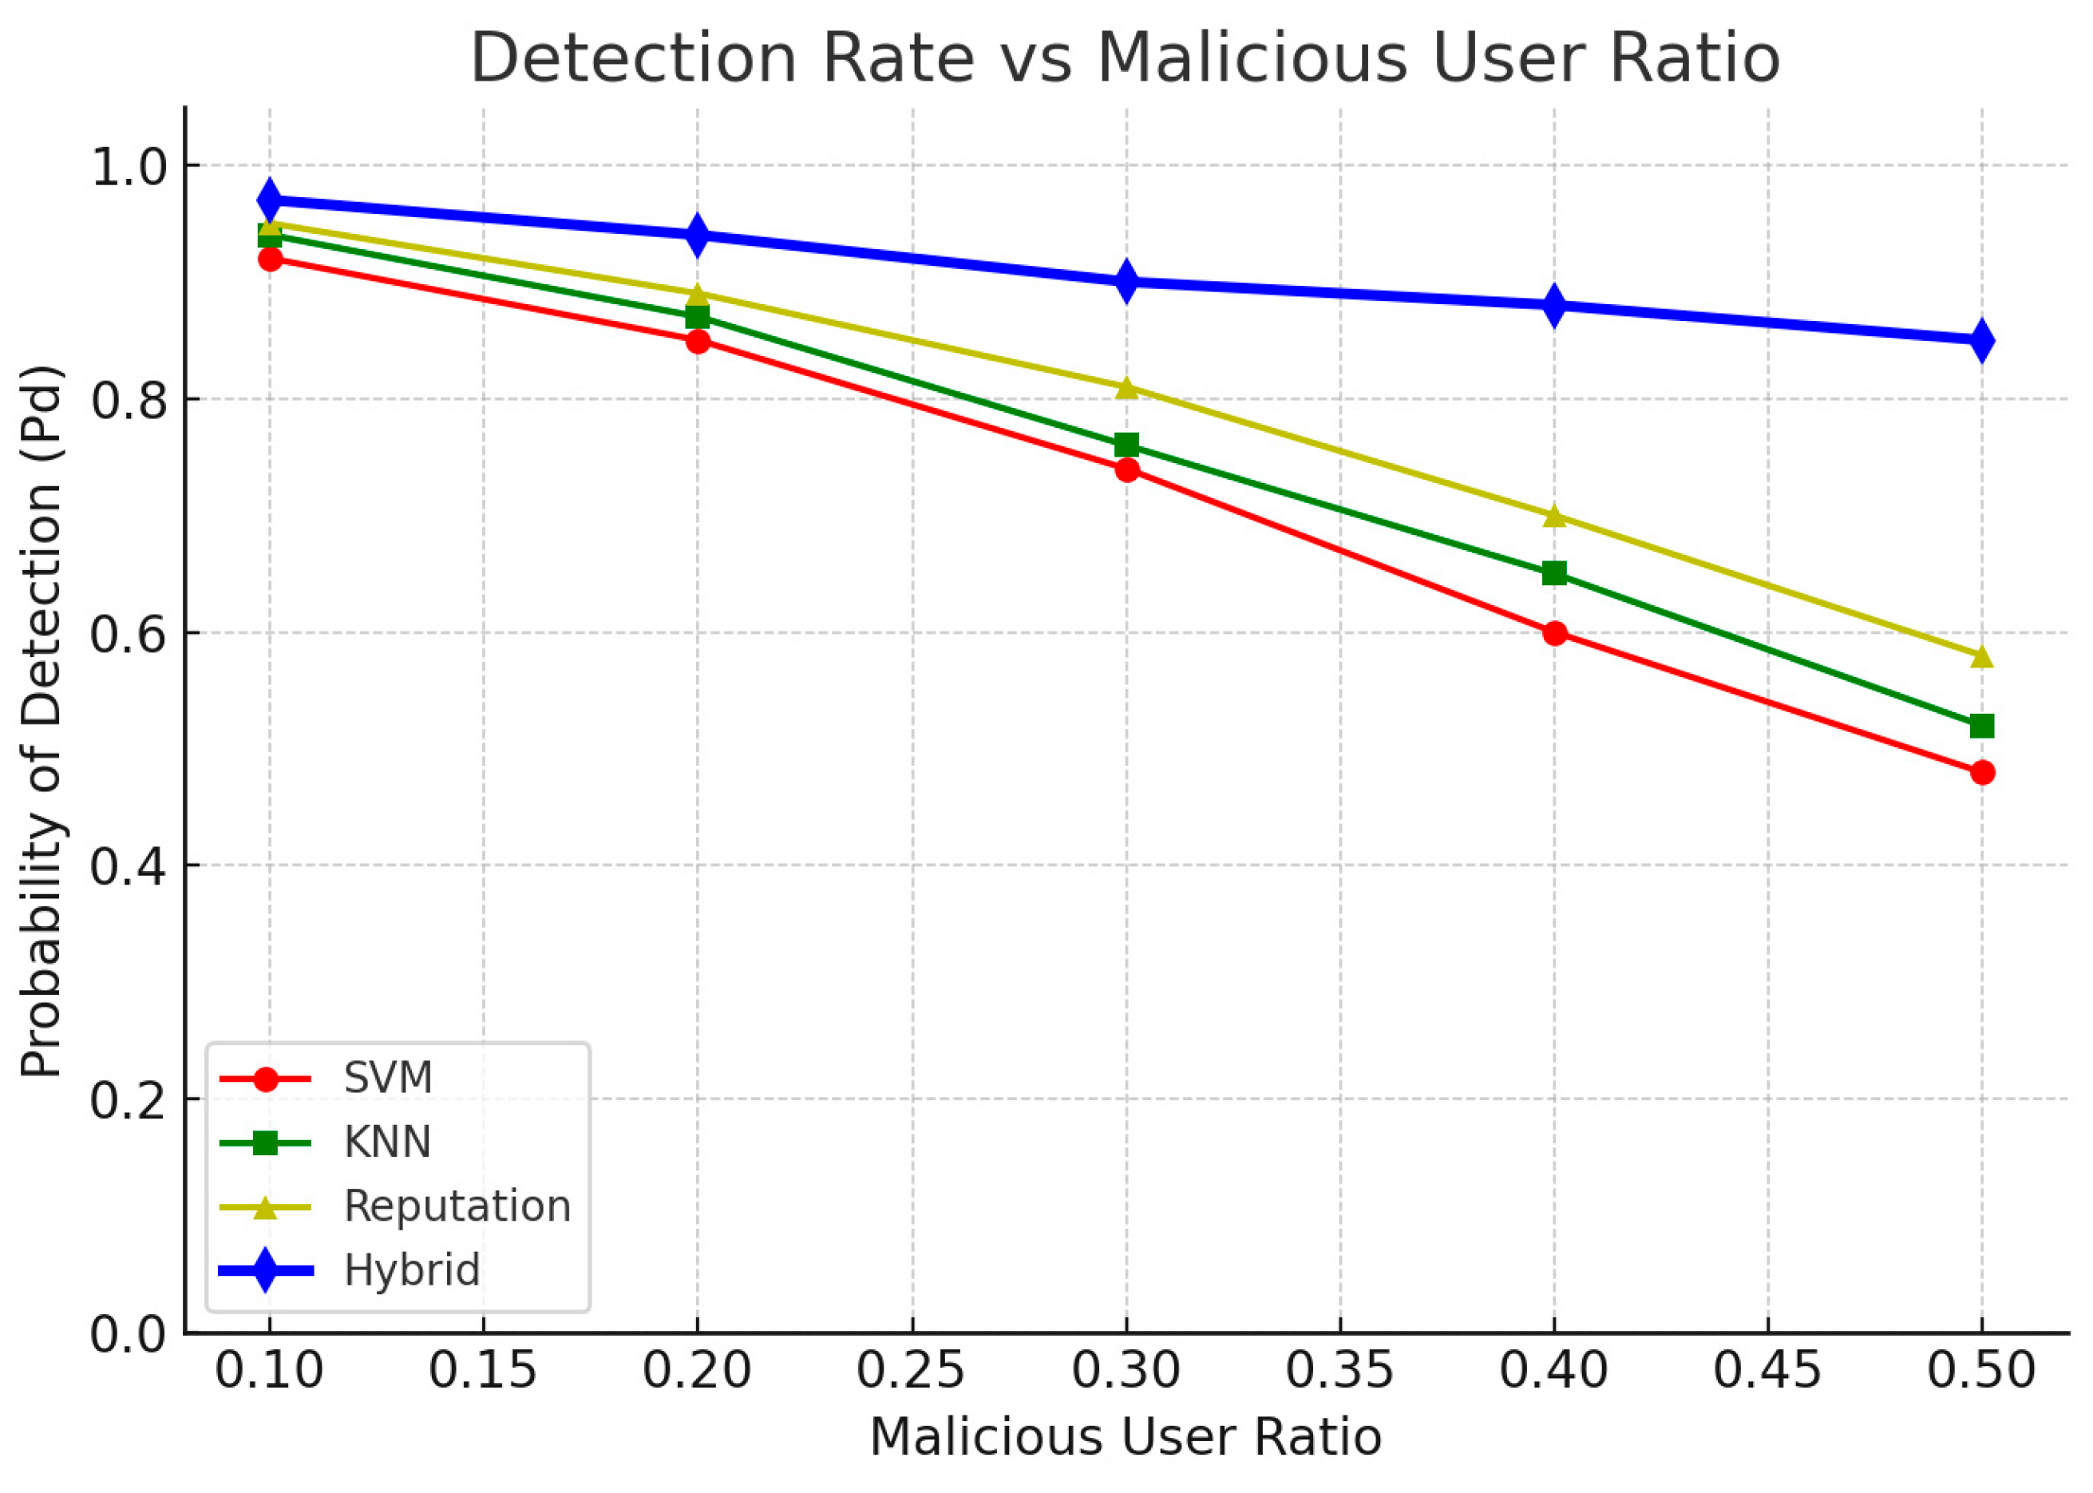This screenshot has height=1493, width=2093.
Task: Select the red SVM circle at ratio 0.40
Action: tap(1554, 632)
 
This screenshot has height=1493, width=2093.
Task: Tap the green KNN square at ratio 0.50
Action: tap(1982, 727)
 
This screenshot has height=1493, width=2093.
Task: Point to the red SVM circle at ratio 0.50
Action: tap(1982, 772)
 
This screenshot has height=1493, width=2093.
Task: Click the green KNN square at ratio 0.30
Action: tap(1126, 446)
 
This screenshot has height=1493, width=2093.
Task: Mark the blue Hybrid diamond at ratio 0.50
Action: tap(1982, 340)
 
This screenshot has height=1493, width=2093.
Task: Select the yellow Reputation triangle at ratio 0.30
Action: tap(1126, 388)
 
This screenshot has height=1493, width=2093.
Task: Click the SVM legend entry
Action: tap(387, 1078)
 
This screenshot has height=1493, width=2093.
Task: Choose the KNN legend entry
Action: tap(387, 1142)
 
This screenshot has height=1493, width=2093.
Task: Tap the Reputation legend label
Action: tap(457, 1206)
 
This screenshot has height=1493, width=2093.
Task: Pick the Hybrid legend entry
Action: tap(411, 1270)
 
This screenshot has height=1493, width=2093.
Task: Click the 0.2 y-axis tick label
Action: tap(127, 1099)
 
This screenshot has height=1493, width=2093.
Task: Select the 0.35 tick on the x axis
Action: tap(1339, 1371)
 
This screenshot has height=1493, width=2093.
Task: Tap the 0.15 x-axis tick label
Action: tap(483, 1371)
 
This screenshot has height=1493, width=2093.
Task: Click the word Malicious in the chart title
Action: tap(1252, 59)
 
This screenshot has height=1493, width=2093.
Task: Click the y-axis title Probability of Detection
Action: tap(42, 721)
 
